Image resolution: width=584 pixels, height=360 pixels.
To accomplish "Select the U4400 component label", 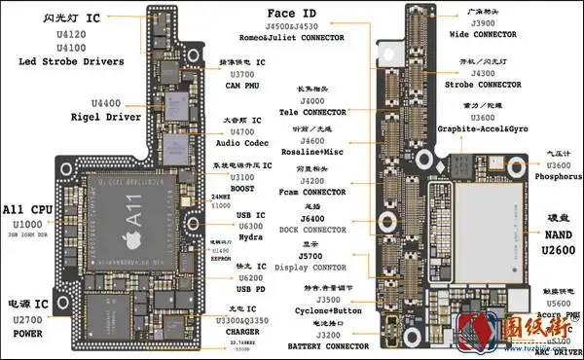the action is click(x=106, y=103).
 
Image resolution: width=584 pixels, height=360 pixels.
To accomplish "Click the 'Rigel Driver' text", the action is click(x=107, y=117).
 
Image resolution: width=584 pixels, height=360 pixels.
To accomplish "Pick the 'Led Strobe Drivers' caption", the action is click(x=71, y=61).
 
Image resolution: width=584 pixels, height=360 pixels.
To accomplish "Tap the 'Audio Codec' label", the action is click(x=238, y=142).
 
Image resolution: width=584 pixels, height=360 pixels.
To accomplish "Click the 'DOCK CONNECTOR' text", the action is click(x=310, y=231).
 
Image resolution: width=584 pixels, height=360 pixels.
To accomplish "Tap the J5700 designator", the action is click(x=311, y=256).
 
